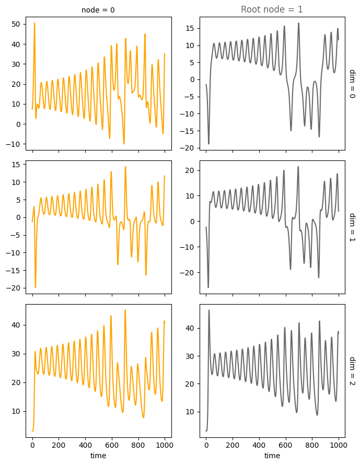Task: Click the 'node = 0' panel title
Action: [98, 10]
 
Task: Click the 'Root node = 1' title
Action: [272, 9]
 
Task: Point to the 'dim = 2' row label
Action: [352, 371]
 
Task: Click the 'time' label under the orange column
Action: [98, 456]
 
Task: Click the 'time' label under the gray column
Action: [272, 456]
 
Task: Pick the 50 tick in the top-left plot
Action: [16, 25]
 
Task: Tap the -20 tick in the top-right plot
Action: [189, 148]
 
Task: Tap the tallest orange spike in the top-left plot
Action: [34, 23]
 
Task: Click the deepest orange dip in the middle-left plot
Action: [36, 287]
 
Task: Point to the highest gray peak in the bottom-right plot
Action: [209, 310]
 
